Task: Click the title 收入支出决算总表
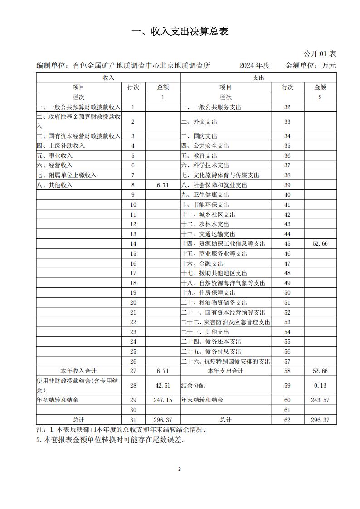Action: click(x=180, y=31)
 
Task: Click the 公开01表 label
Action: click(x=320, y=54)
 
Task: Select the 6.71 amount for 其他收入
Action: click(x=162, y=185)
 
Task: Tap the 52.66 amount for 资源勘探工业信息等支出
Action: click(x=320, y=244)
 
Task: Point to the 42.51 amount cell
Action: click(x=162, y=385)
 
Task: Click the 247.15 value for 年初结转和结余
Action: click(x=162, y=400)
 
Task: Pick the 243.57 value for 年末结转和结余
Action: click(x=320, y=400)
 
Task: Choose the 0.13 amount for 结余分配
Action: click(x=320, y=385)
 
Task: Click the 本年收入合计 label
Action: click(x=79, y=371)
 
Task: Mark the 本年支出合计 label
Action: click(x=225, y=371)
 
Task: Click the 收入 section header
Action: click(x=108, y=78)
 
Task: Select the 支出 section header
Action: click(x=258, y=78)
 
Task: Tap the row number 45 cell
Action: click(x=287, y=244)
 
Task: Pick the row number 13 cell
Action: click(x=133, y=234)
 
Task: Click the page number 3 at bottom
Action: click(x=180, y=469)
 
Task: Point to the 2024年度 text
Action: click(x=254, y=66)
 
